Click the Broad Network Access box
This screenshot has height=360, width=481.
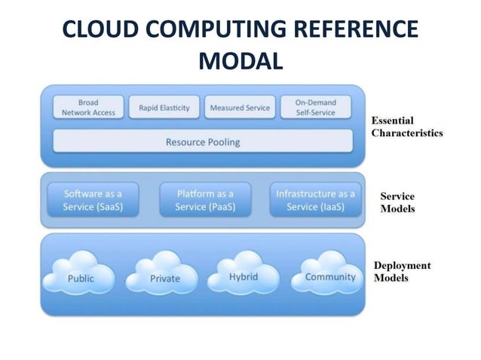tap(88, 107)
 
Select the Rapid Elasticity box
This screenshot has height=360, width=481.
tap(164, 108)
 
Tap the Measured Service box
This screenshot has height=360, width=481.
tap(239, 108)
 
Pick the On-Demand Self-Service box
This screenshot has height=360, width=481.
tap(315, 107)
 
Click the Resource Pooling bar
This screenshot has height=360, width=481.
tap(203, 142)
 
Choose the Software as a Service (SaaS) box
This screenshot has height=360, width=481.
tap(93, 200)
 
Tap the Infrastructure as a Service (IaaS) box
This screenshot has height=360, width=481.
tap(315, 200)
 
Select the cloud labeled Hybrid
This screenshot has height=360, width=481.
tap(244, 276)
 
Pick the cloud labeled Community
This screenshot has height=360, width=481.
tap(329, 276)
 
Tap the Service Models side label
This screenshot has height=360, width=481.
tap(397, 203)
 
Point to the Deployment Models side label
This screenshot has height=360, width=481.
tap(403, 272)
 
